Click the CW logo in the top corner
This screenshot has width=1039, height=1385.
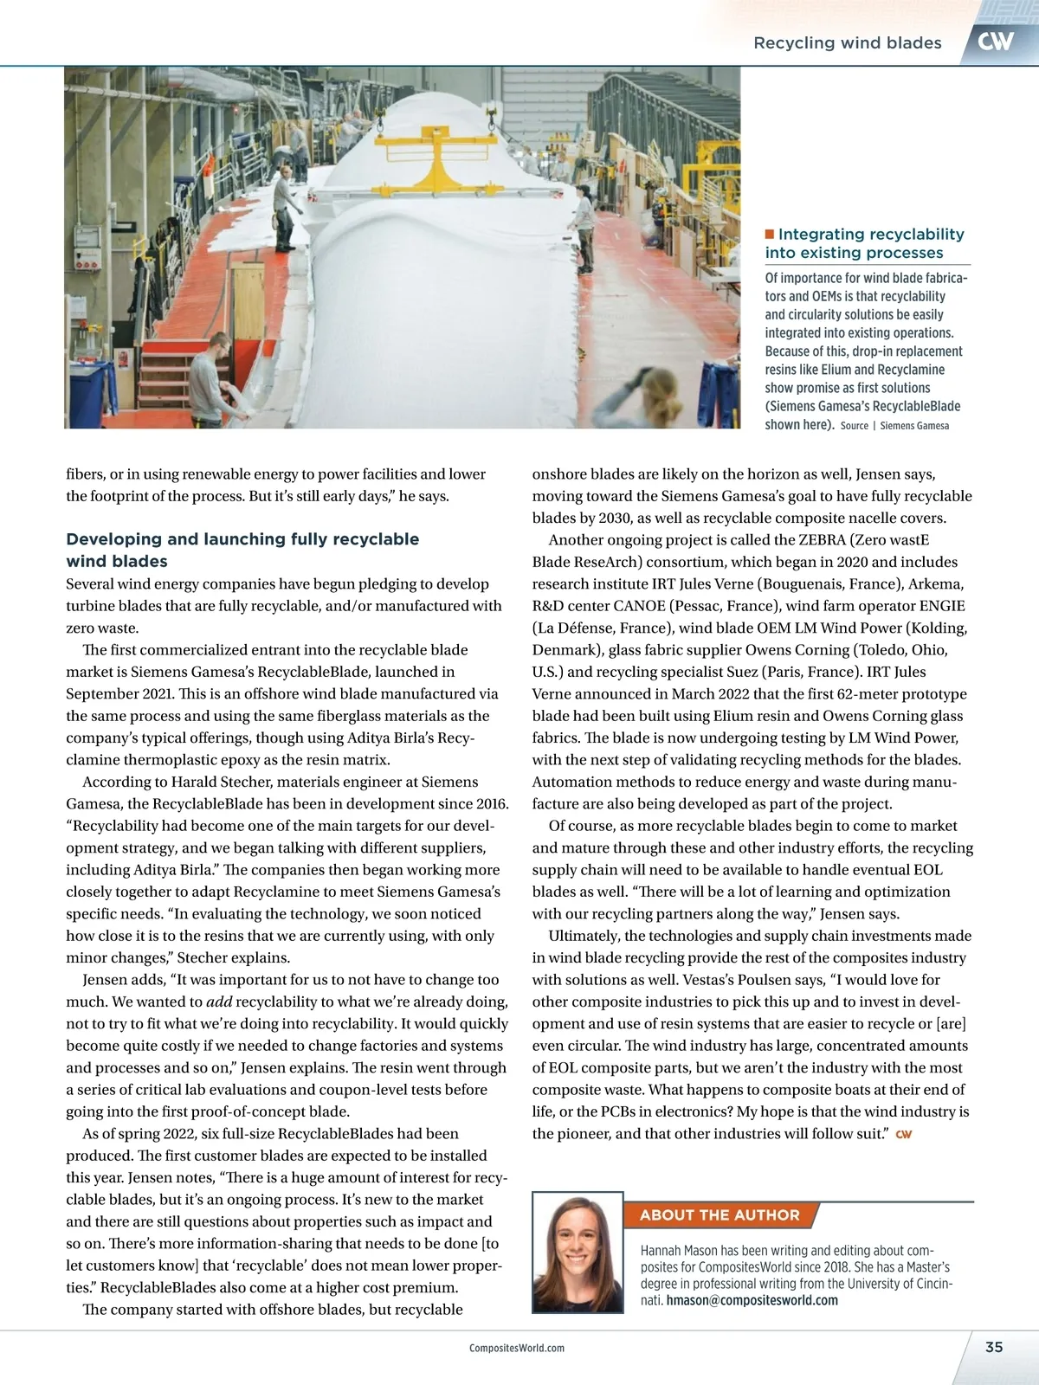(x=996, y=41)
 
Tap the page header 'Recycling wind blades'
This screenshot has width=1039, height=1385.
(x=847, y=42)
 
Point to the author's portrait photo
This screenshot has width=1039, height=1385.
(x=578, y=1252)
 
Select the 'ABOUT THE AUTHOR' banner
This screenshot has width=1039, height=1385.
(x=720, y=1214)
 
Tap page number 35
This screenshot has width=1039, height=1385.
(x=994, y=1347)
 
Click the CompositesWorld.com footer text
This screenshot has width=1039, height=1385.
(x=517, y=1348)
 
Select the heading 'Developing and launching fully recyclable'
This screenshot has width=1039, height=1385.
(x=242, y=539)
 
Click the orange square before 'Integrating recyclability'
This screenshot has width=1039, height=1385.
(x=770, y=234)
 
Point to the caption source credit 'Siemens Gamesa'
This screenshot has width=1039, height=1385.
(x=914, y=426)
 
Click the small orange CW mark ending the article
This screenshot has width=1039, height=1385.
(x=903, y=1134)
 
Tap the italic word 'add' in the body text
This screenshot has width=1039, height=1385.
(x=219, y=1002)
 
